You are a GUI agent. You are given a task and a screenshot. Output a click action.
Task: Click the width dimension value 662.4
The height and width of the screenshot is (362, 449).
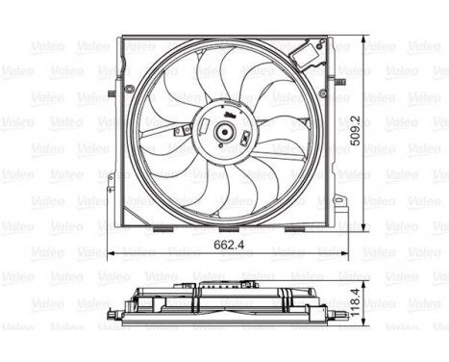pyautogui.click(x=224, y=246)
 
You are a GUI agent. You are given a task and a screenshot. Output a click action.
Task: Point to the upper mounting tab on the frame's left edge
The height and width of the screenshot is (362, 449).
pyautogui.click(x=112, y=93)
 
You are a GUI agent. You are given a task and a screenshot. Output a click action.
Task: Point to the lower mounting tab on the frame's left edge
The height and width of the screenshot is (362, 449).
pyautogui.click(x=112, y=189)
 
